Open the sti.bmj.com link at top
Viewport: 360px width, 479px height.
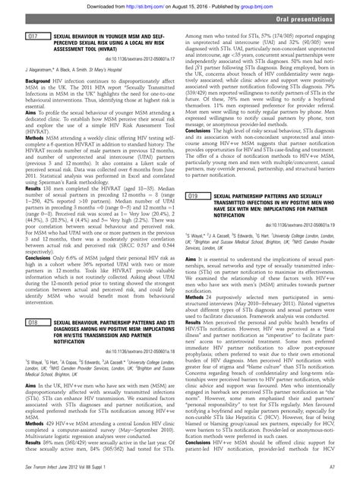click(x=130, y=5)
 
